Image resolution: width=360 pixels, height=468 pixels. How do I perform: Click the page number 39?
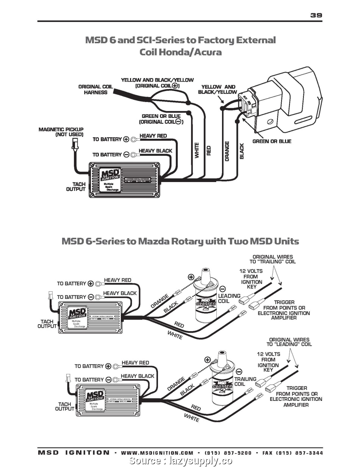tap(316, 15)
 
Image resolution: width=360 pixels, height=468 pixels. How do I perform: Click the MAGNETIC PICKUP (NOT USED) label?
tap(61, 132)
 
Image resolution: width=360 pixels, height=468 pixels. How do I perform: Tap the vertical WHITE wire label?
tap(197, 151)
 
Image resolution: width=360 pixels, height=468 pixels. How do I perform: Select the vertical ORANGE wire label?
tap(227, 151)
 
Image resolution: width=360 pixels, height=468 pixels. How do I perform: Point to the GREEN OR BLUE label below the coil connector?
tap(272, 141)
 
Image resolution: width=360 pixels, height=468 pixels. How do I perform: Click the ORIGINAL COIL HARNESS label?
tap(95, 90)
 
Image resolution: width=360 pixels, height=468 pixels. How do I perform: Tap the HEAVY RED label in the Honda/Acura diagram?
tap(153, 136)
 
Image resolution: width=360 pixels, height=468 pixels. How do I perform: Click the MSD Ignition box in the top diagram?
tap(124, 180)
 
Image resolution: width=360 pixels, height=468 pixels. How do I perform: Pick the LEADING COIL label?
tap(229, 298)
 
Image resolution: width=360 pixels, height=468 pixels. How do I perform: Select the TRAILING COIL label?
tap(245, 381)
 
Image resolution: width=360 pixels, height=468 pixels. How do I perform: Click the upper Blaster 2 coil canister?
tap(206, 303)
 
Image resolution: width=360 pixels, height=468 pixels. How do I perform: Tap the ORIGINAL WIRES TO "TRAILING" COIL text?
tap(272, 259)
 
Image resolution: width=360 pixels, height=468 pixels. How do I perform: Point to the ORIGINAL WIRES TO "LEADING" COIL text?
tap(289, 342)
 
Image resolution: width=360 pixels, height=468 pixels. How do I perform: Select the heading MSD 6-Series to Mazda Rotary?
tap(180, 241)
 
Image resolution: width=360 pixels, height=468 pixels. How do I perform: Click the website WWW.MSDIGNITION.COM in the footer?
tap(157, 453)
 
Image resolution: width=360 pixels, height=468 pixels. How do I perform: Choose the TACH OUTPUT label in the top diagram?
tap(76, 186)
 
